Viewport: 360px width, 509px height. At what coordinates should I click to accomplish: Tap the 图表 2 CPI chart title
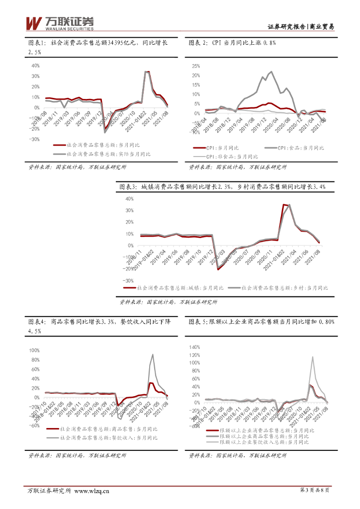232,43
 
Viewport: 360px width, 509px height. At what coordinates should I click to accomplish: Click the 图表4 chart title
97,326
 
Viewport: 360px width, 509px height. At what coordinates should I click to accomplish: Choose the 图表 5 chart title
262,322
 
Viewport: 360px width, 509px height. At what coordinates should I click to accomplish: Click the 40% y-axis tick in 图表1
35,66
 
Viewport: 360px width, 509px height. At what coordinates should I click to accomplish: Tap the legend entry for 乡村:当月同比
285,288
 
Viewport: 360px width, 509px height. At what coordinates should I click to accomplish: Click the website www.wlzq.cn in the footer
91,491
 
